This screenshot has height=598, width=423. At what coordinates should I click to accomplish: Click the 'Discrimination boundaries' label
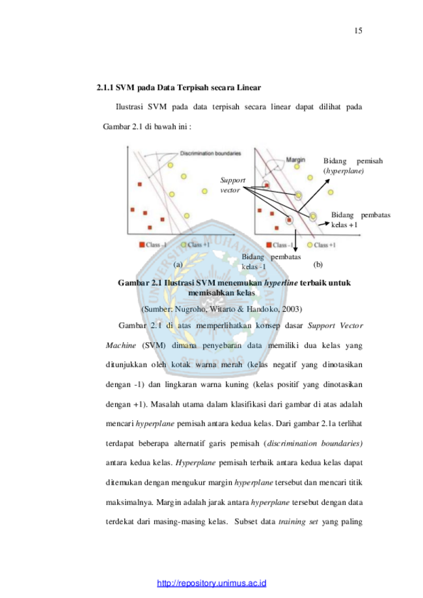click(210, 154)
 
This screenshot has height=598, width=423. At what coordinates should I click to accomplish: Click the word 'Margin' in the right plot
click(296, 159)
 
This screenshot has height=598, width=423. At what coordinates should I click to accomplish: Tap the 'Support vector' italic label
click(232, 184)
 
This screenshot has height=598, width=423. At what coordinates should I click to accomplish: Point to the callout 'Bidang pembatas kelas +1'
click(361, 220)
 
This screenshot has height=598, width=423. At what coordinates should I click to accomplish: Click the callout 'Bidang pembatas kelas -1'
click(271, 262)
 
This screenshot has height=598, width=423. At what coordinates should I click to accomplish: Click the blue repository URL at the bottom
click(211, 582)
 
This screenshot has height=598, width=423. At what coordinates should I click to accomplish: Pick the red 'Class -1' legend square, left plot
click(142, 245)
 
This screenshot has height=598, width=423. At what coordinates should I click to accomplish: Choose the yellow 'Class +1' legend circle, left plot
click(184, 245)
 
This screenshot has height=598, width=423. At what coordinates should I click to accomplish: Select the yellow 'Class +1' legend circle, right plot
click(310, 245)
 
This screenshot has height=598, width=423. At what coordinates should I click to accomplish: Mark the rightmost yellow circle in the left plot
click(204, 191)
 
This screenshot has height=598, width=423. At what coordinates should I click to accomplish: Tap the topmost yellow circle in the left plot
click(171, 166)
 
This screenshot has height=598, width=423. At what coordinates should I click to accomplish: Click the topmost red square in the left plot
click(139, 185)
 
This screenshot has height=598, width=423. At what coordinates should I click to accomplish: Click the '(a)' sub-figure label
click(178, 264)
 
